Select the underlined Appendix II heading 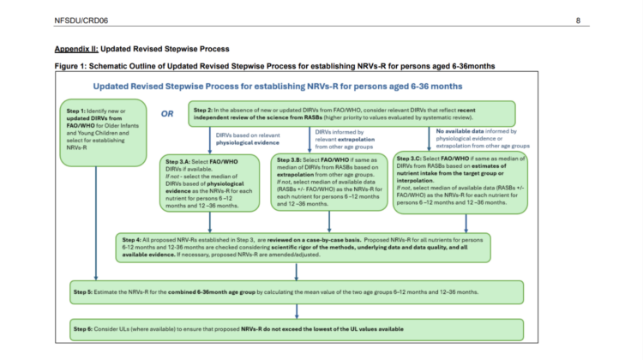pos(141,49)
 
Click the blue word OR pos(169,111)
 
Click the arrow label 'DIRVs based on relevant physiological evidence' pos(236,140)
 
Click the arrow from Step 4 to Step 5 pos(297,273)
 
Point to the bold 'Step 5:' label pos(88,292)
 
